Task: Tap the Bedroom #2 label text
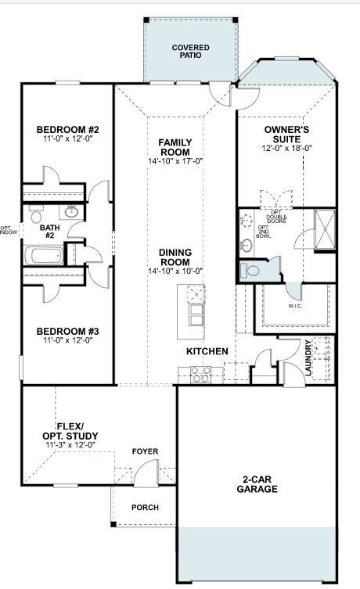coord(67,129)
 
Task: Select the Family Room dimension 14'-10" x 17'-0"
coord(175,161)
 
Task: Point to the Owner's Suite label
coord(287,133)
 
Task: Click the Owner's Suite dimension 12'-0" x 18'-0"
coord(287,148)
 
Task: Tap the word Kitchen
coord(207,352)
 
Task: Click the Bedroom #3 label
coord(67,331)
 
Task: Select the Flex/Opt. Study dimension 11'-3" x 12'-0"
coord(70,444)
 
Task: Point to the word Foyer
coord(145,451)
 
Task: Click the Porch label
coord(145,508)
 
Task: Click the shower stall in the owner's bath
coord(323,228)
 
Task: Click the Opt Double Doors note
coord(276,216)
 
